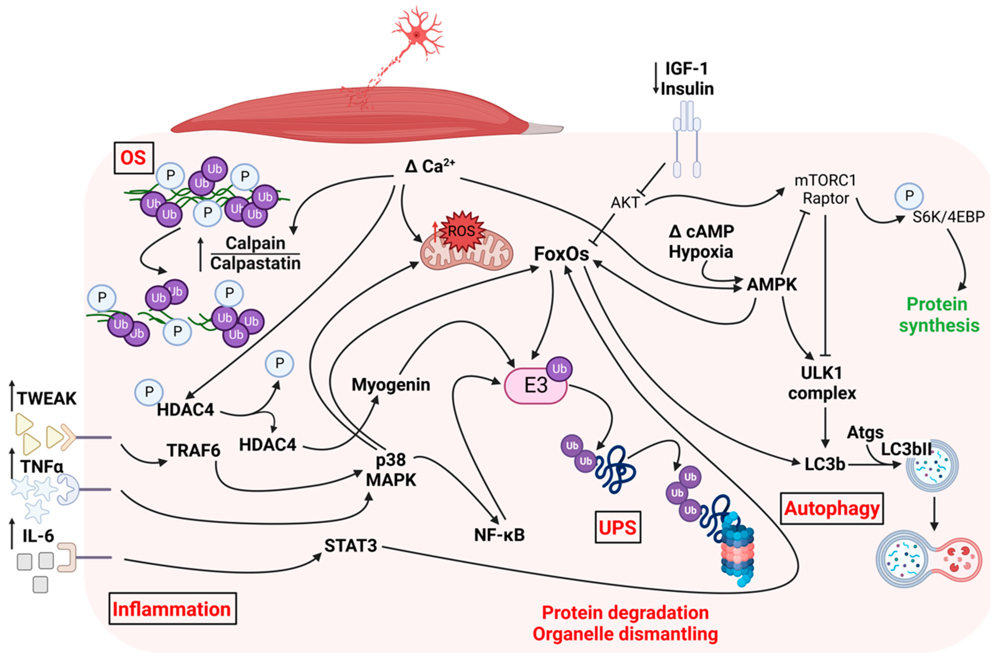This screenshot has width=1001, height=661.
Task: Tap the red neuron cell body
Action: point(417,35)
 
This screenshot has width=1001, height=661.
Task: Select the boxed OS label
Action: point(133,158)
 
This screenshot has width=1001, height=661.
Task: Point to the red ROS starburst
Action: point(461,231)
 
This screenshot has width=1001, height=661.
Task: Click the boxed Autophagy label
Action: point(832,509)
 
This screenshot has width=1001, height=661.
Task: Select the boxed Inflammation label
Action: point(172,609)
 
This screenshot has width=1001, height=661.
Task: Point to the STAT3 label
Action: point(351,546)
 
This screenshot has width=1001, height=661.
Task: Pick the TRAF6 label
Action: point(194,451)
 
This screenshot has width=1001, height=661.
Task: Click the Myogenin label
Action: point(391,385)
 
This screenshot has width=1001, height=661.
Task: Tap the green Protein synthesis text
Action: point(939,315)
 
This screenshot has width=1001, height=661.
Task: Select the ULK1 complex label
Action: point(822,383)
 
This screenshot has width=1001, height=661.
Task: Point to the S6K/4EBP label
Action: point(948,217)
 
